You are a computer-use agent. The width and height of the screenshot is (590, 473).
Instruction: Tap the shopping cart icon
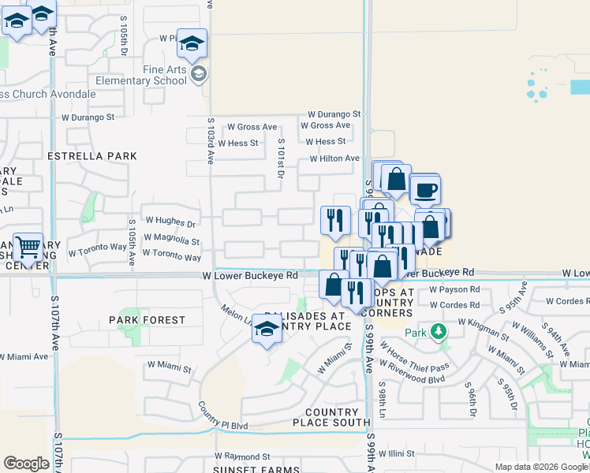click(x=28, y=248)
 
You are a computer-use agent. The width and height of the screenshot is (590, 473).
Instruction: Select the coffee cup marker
click(x=426, y=190)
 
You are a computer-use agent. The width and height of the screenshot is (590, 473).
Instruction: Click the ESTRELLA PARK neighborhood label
click(x=92, y=156)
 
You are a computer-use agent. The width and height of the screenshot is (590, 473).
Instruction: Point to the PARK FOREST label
click(x=147, y=320)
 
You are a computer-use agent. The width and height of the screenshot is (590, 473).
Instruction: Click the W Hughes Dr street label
click(x=169, y=222)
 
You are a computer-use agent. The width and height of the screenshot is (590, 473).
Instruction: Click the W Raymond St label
click(x=242, y=456)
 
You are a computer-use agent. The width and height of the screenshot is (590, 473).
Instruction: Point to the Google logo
click(x=26, y=464)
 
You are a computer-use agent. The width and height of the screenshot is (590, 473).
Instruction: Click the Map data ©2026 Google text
click(x=540, y=467)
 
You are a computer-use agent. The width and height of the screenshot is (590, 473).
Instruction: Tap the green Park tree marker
click(x=439, y=332)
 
